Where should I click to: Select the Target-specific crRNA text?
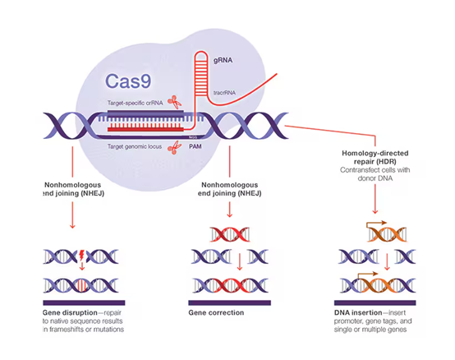(x=136, y=103)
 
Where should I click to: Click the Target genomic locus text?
(x=136, y=146)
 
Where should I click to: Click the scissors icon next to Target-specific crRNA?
(x=174, y=102)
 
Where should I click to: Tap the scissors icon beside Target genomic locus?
(x=174, y=147)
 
